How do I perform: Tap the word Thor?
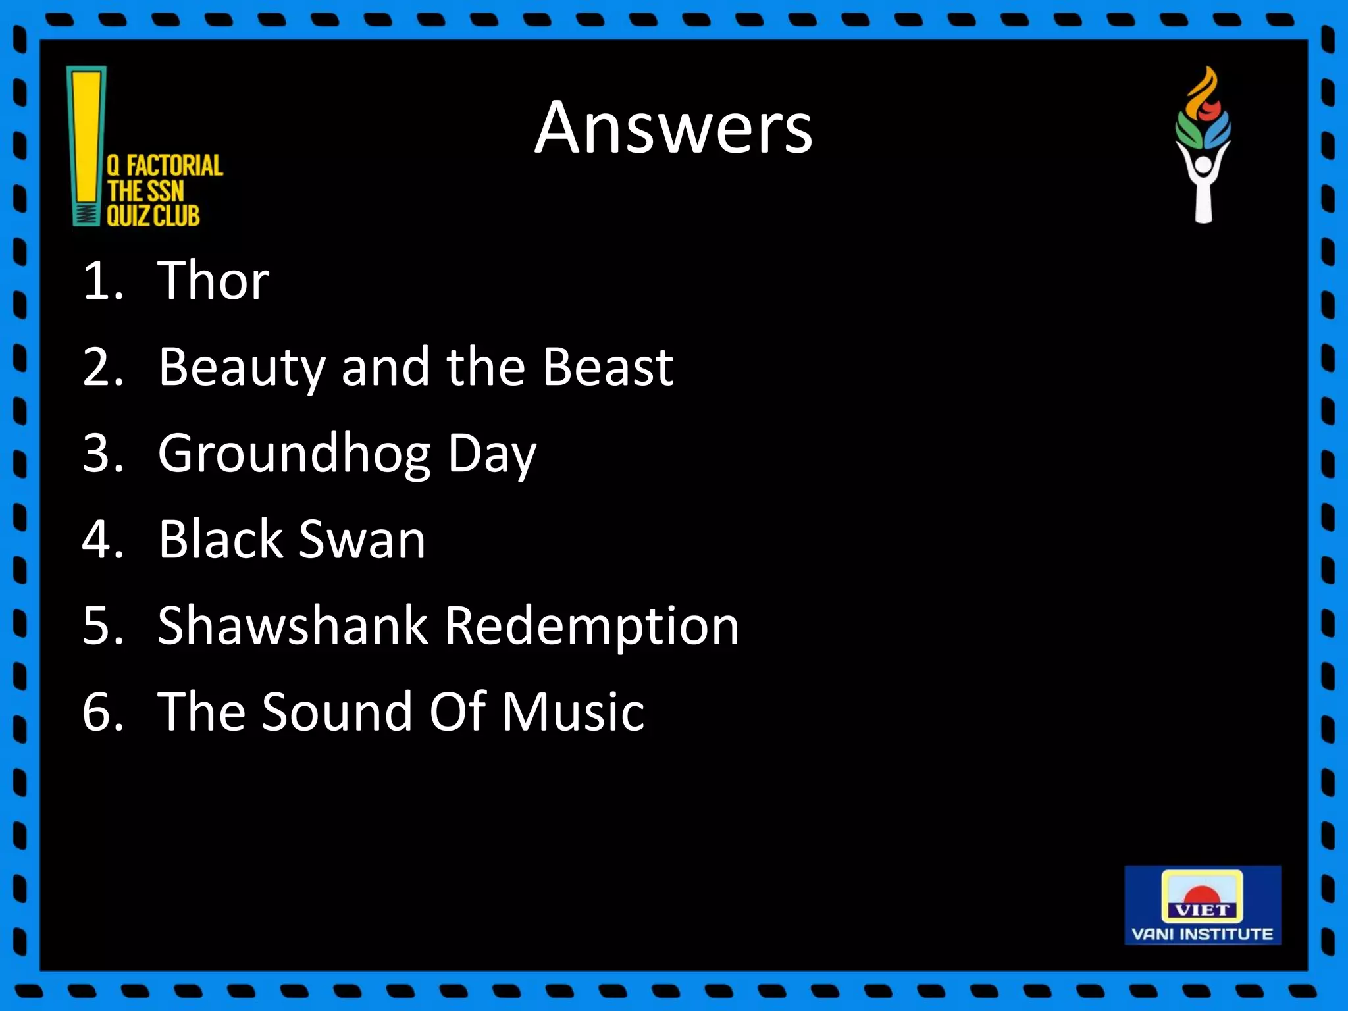point(213,280)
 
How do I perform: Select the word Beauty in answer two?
point(241,367)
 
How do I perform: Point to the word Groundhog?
point(295,454)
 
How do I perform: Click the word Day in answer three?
point(492,454)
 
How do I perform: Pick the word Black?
point(220,539)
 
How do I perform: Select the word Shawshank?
point(293,625)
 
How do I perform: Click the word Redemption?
point(592,627)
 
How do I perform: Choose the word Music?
point(573,712)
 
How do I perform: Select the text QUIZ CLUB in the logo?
point(153,216)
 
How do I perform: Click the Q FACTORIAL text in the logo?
point(165,166)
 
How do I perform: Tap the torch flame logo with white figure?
point(1203,145)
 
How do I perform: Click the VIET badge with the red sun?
point(1202,896)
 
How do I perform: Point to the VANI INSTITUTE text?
point(1202,934)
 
